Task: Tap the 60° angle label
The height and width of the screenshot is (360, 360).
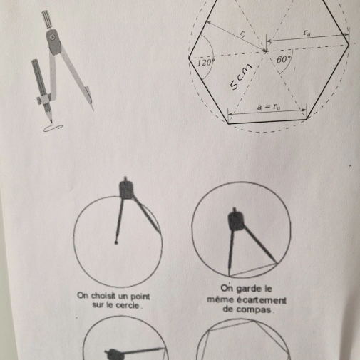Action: [284, 59]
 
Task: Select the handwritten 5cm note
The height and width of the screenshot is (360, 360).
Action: [241, 77]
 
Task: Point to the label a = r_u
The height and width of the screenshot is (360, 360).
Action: [269, 107]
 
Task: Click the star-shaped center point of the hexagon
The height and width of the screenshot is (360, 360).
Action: [265, 51]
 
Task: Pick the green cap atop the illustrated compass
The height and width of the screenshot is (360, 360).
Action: [48, 19]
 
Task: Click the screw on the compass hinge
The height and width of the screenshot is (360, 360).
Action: [53, 36]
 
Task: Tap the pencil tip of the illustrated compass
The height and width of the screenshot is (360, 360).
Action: [51, 121]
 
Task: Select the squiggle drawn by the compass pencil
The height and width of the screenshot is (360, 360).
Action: [53, 128]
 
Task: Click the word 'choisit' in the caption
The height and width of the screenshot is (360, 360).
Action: [102, 296]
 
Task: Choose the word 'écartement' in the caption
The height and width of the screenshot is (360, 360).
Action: [262, 300]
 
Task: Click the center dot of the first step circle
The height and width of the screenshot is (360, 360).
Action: [116, 242]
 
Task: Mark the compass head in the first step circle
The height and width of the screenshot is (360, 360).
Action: [126, 189]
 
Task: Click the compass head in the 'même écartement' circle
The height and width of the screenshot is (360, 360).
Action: [236, 220]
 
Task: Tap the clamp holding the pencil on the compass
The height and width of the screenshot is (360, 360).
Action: [43, 99]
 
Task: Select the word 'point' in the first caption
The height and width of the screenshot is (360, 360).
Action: [140, 297]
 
